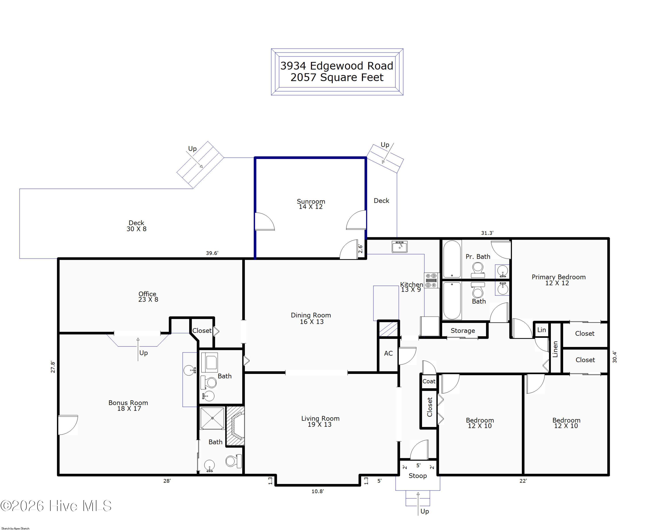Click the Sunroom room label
pos(311,204)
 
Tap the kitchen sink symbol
pos(400,247)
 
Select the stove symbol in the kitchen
pos(431,280)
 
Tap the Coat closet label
pos(429,381)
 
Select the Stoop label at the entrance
pos(418,476)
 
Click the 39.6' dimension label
pos(212,253)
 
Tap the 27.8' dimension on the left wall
pos(53,367)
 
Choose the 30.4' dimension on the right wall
pos(614,357)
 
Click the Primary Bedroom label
pos(558,280)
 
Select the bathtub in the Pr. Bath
pos(452,259)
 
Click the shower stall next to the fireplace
pos(212,418)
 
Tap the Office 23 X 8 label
pos(148,296)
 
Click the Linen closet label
pos(555,349)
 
